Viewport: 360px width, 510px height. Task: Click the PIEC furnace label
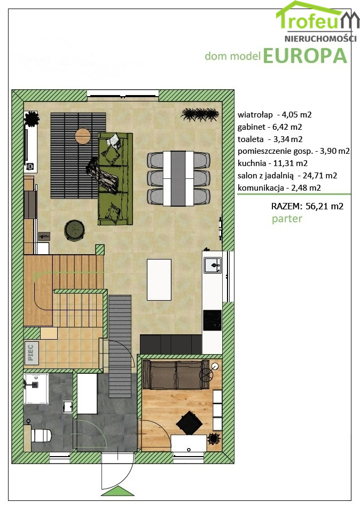click(x=31, y=353)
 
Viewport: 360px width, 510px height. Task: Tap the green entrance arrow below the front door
click(x=118, y=491)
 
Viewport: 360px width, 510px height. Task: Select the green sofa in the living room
click(x=115, y=178)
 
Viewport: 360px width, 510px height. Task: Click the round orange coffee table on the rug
click(x=83, y=136)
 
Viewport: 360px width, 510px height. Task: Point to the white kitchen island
click(x=159, y=279)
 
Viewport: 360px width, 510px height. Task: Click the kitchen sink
click(x=213, y=265)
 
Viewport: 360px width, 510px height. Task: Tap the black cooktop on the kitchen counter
click(x=213, y=320)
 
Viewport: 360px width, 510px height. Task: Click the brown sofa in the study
click(x=176, y=375)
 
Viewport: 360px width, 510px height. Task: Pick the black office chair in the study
click(x=189, y=423)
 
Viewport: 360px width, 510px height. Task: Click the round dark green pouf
click(x=75, y=230)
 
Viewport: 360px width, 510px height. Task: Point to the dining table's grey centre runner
click(x=178, y=178)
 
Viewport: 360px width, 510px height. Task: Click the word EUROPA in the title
click(x=305, y=56)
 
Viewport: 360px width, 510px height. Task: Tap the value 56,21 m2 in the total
click(x=324, y=206)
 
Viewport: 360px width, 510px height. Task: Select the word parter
click(x=287, y=219)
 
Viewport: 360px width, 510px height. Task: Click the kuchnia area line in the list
click(x=272, y=163)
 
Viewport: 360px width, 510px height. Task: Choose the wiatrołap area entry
click(x=275, y=114)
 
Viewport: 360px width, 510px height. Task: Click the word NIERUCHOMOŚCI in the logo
click(x=320, y=38)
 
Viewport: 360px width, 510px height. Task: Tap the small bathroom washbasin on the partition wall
click(x=68, y=406)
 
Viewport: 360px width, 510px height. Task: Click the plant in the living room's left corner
click(x=32, y=119)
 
